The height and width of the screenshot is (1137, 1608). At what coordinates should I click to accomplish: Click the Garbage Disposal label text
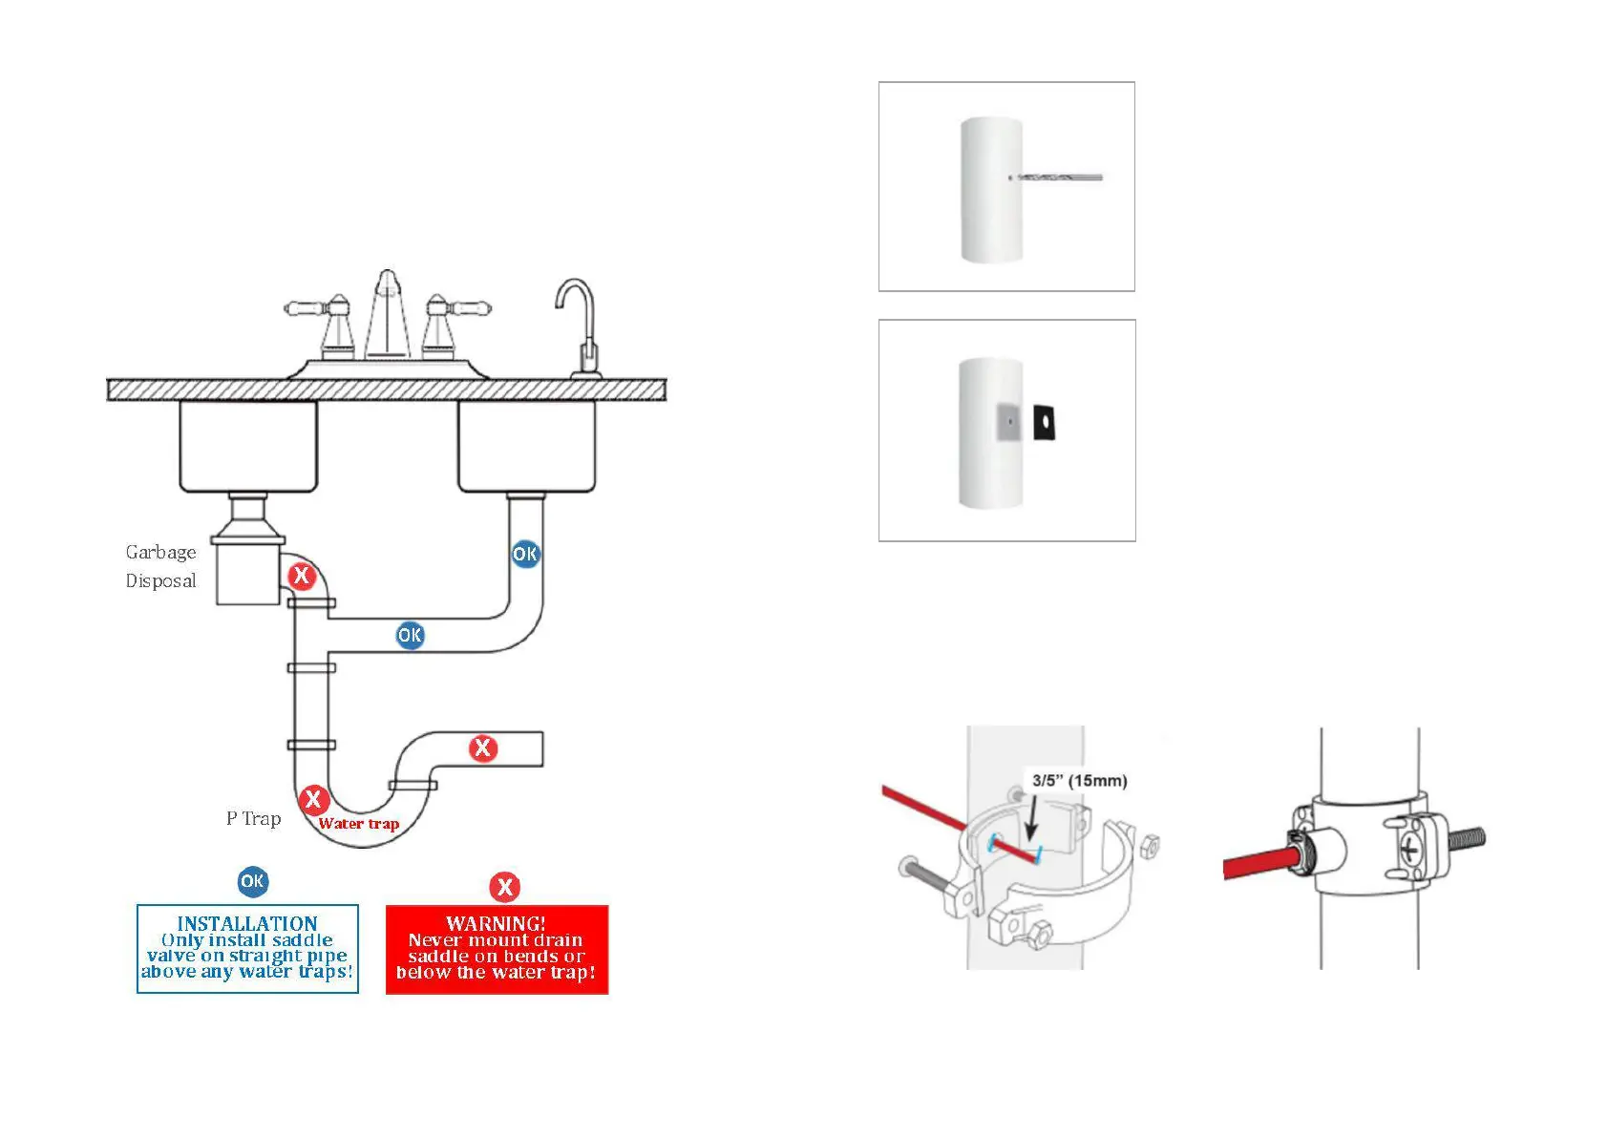pos(160,566)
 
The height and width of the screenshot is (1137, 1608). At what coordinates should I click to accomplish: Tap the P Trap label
pos(253,819)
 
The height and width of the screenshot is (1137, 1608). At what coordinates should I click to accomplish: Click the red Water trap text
pos(358,824)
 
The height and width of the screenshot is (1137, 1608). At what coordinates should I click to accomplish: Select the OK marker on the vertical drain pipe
pos(525,554)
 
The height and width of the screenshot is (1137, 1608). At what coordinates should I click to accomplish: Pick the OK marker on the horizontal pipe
pos(410,635)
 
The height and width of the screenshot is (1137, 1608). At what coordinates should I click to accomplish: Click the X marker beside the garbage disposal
pos(302,576)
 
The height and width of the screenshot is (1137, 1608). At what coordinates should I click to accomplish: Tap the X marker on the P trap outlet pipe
pos(483,748)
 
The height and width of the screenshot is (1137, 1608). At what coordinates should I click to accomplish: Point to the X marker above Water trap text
pos(313,799)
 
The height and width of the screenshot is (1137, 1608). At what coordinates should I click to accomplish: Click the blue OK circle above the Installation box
pos(253,881)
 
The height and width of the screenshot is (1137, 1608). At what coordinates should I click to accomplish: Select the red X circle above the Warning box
pos(504,887)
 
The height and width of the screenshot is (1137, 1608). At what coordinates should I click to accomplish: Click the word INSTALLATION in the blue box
pos(247,923)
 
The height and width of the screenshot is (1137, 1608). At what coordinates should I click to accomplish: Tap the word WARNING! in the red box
pos(496,923)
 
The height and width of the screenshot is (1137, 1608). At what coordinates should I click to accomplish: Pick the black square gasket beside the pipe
pos(1044,422)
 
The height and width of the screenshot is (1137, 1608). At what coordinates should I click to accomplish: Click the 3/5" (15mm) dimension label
pos(1079,781)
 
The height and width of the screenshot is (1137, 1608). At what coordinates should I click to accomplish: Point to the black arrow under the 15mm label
pos(1031,818)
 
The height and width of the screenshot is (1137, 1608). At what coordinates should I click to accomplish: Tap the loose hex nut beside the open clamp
pos(1151,845)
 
